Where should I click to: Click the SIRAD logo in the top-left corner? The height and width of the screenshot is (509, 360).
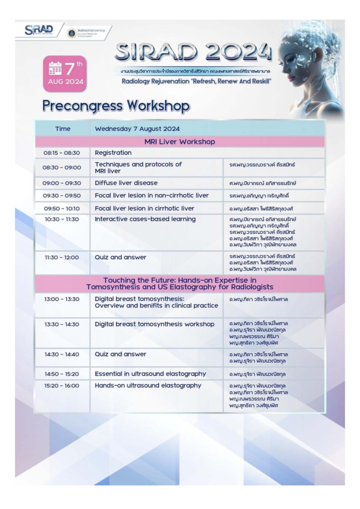point(39,29)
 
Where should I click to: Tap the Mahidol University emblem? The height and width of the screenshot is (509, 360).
point(72,33)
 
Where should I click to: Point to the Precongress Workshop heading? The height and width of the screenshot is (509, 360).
point(116,105)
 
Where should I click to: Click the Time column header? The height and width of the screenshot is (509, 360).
point(63,129)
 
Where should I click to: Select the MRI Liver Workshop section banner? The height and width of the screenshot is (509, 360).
point(180,142)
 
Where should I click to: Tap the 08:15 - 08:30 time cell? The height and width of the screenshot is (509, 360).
point(62,153)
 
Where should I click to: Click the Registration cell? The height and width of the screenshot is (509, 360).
point(113,153)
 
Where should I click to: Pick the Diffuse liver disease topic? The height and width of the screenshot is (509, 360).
point(126,183)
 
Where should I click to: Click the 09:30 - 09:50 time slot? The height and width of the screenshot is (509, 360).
point(62,196)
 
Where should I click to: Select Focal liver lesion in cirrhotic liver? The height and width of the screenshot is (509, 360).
point(144,208)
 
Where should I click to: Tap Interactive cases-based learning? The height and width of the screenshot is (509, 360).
point(145,219)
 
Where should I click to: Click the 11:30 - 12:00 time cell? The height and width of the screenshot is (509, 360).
point(62,257)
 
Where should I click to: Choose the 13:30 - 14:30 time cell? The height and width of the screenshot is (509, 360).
point(62,324)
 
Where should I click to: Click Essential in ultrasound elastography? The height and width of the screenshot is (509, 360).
point(150,374)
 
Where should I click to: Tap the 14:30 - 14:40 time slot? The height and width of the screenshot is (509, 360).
point(62,354)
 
